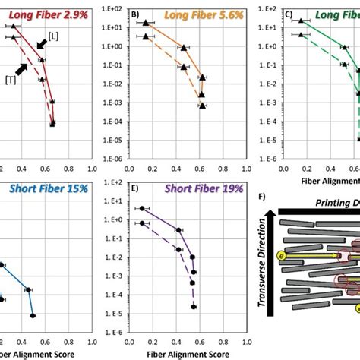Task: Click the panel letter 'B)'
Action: coord(136,13)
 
